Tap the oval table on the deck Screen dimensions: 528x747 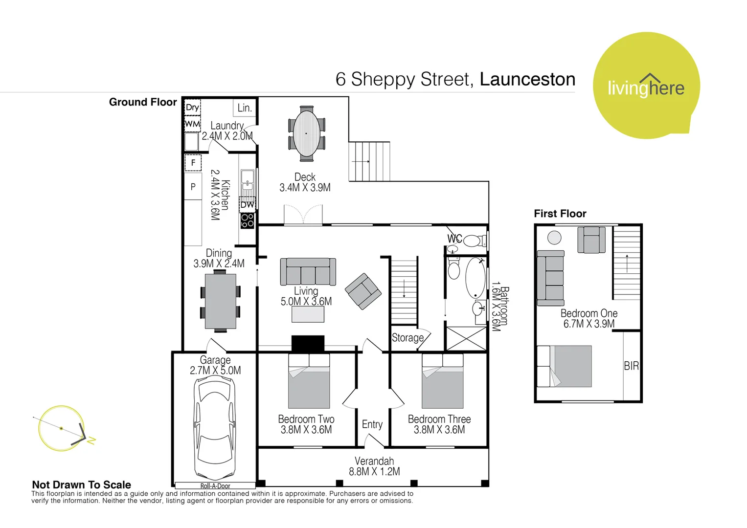pyautogui.click(x=306, y=133)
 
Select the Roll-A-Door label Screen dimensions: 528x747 pyautogui.click(x=215, y=485)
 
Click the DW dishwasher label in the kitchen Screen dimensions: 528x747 pyautogui.click(x=247, y=205)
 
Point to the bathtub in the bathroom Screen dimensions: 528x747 pyautogui.click(x=475, y=278)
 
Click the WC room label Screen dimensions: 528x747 pyautogui.click(x=454, y=239)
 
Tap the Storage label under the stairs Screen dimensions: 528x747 pyautogui.click(x=407, y=338)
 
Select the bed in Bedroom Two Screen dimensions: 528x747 pyautogui.click(x=309, y=381)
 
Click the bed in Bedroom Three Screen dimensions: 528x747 pyautogui.click(x=442, y=381)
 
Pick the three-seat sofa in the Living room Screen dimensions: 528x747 pyautogui.click(x=308, y=271)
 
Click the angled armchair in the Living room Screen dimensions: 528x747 pyautogui.click(x=363, y=291)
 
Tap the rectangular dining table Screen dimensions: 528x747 pyautogui.click(x=221, y=301)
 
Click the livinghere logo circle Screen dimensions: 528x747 pyautogui.click(x=646, y=86)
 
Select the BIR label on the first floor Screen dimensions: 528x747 pyautogui.click(x=631, y=366)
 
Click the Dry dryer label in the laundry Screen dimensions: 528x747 pyautogui.click(x=192, y=108)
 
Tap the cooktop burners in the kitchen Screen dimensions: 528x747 pyautogui.click(x=247, y=221)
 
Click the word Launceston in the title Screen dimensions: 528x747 pyautogui.click(x=527, y=79)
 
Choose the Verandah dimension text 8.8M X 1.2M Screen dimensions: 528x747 pyautogui.click(x=374, y=472)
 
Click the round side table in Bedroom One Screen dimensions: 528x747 pyautogui.click(x=554, y=238)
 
